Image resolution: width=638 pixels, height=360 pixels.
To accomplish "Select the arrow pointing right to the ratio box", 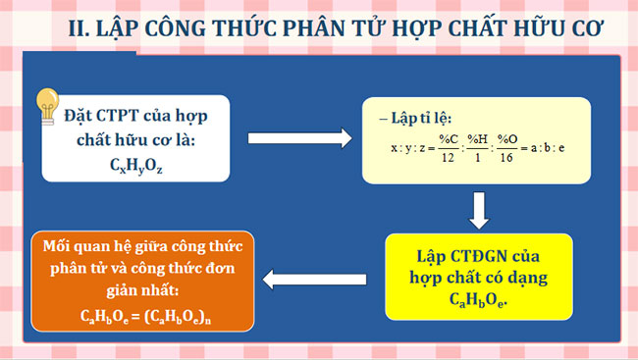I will click(x=300, y=136).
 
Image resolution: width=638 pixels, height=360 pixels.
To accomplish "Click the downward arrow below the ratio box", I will click(x=479, y=209).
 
